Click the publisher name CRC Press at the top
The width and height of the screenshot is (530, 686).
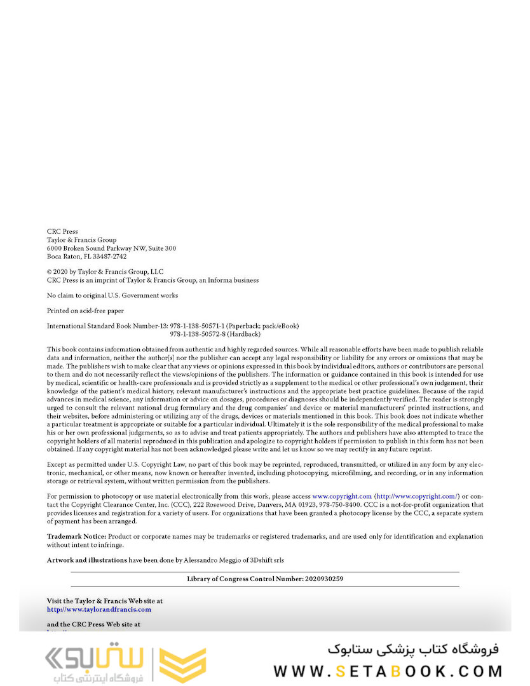pyautogui.click(x=62, y=232)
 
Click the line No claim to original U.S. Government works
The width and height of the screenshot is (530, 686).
pyautogui.click(x=112, y=295)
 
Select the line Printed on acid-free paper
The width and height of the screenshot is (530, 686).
pyautogui.click(x=85, y=311)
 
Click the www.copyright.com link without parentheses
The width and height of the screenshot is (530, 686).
pyautogui.click(x=342, y=496)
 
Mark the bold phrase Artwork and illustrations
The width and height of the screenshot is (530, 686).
pyautogui.click(x=87, y=560)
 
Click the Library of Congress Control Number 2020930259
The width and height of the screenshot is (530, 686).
pyautogui.click(x=320, y=579)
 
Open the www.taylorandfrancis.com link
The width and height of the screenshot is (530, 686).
pyautogui.click(x=99, y=610)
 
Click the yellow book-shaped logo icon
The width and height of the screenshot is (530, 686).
pyautogui.click(x=182, y=666)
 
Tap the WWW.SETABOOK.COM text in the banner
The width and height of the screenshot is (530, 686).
pyautogui.click(x=388, y=671)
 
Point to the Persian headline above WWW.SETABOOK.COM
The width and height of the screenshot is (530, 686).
pyautogui.click(x=414, y=649)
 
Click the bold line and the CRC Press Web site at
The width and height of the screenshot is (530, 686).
pyautogui.click(x=93, y=624)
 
